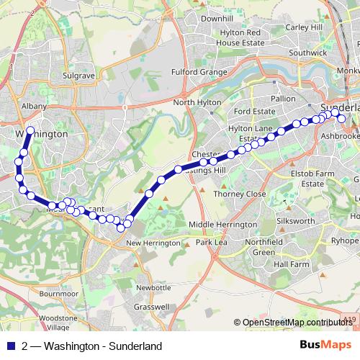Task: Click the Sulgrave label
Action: (78, 74)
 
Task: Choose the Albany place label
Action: (34, 106)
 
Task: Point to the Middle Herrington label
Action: (222, 225)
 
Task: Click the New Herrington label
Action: (153, 243)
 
